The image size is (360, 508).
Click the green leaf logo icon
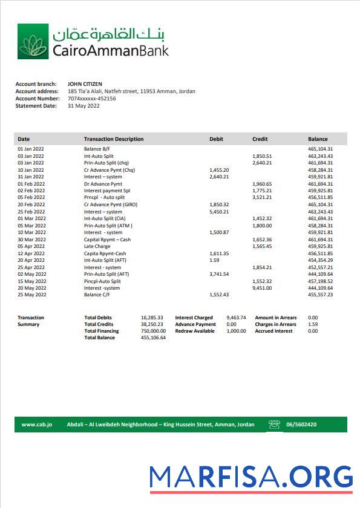(x=33, y=42)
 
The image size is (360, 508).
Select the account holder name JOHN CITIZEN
(x=85, y=84)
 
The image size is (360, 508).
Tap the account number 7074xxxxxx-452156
(x=92, y=99)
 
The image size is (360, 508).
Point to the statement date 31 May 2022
(x=83, y=106)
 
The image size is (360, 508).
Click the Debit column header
(x=216, y=139)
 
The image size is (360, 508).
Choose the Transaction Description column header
(x=114, y=139)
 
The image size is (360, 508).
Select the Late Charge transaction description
(x=97, y=246)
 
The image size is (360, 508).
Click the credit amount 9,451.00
(x=262, y=288)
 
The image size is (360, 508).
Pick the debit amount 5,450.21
(x=219, y=212)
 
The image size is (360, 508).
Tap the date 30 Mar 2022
(x=31, y=239)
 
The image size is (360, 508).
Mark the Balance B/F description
(x=97, y=149)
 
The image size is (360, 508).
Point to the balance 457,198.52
(x=320, y=281)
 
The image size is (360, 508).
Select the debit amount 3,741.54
(x=219, y=274)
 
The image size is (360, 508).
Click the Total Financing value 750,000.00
(x=153, y=331)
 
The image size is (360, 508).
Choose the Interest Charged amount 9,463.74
(x=236, y=317)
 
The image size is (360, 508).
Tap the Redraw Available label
(x=195, y=331)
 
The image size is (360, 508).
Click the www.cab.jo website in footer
(x=37, y=425)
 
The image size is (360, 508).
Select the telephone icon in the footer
(x=275, y=425)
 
